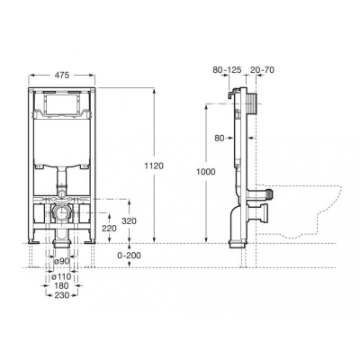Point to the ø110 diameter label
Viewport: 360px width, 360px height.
click(60, 274)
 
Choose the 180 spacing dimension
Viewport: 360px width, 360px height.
click(61, 284)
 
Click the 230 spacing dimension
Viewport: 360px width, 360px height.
click(61, 295)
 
